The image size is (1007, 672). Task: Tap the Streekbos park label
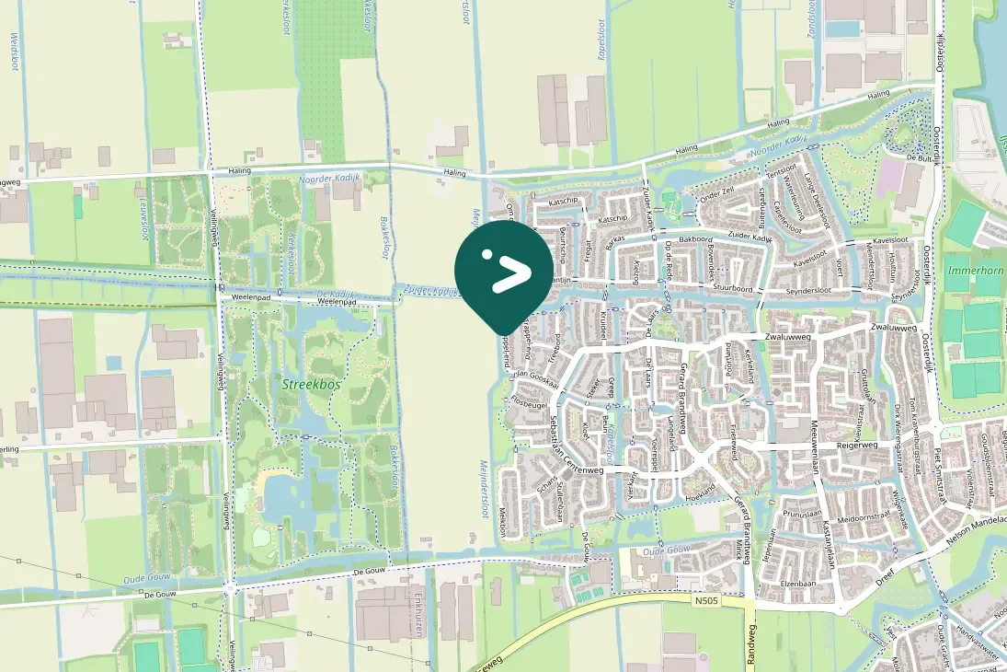click(311, 385)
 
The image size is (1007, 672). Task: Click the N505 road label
click(706, 599)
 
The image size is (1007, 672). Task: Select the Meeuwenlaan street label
click(815, 447)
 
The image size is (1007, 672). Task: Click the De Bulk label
click(920, 157)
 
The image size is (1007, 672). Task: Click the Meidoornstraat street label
click(853, 517)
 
